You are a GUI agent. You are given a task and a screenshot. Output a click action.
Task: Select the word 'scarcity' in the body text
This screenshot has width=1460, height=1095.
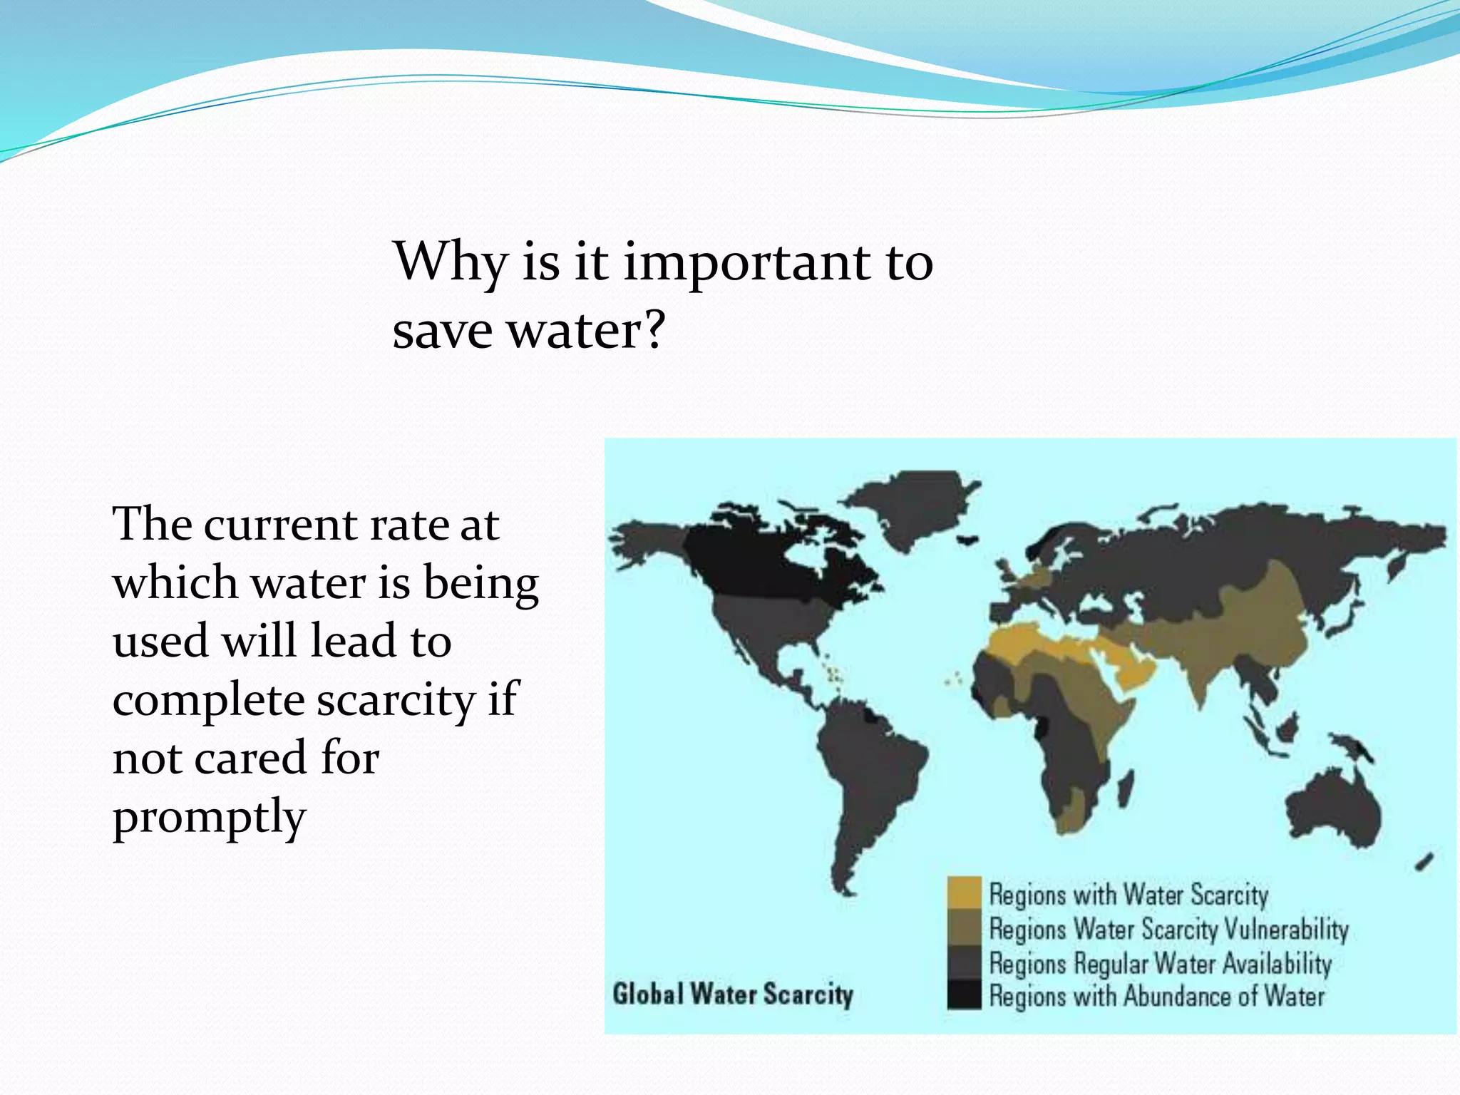[x=396, y=700]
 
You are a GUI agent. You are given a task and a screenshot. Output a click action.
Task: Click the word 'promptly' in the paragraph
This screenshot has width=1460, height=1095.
[x=209, y=818]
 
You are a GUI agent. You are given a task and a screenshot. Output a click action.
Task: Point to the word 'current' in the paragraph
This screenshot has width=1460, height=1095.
[x=280, y=525]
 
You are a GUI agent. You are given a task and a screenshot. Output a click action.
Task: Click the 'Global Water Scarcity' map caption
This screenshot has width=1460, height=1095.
[x=732, y=994]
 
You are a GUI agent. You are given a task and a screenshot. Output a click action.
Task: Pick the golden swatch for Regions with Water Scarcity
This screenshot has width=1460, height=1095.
[x=964, y=893]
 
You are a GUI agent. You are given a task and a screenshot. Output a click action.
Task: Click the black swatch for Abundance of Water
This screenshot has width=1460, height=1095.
[x=964, y=995]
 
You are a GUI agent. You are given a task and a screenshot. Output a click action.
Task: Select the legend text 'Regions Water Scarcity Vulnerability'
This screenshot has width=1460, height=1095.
[x=1168, y=929]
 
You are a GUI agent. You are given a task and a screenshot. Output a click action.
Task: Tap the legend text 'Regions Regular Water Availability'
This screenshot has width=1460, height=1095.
[x=1160, y=963]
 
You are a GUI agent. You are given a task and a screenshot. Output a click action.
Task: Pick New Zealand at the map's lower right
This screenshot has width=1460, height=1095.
[x=1424, y=862]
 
